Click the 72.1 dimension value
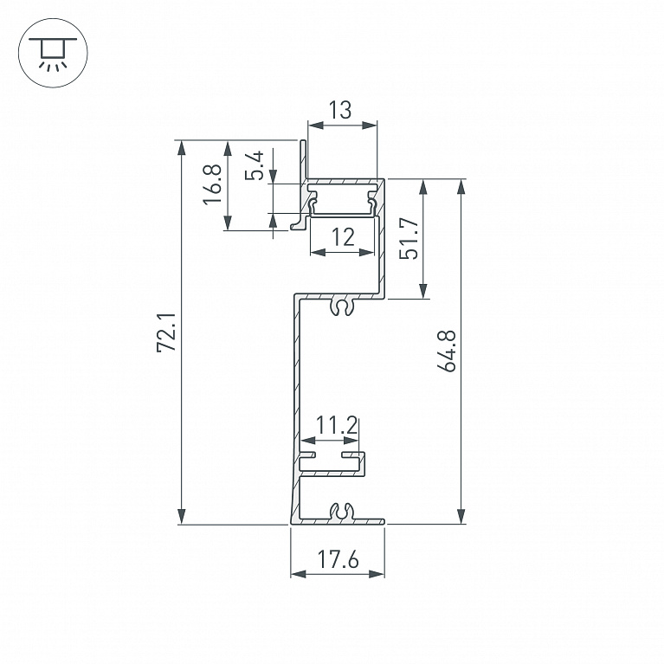[166, 332]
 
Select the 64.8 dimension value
[447, 351]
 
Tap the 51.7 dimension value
[409, 238]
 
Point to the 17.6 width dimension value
[338, 559]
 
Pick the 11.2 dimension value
[337, 425]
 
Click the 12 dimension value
[343, 237]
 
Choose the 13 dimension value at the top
[340, 110]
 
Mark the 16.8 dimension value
[212, 184]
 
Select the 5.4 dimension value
[254, 165]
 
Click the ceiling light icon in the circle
[53, 53]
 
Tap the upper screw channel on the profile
[342, 306]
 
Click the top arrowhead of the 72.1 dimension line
[182, 148]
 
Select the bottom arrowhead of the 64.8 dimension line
[461, 516]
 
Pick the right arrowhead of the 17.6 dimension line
[377, 574]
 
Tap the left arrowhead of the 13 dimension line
[316, 126]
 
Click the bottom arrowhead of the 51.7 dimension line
[423, 291]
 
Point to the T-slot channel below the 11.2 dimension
[332, 464]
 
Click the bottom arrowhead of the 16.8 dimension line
[228, 222]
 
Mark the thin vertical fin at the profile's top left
[303, 159]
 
